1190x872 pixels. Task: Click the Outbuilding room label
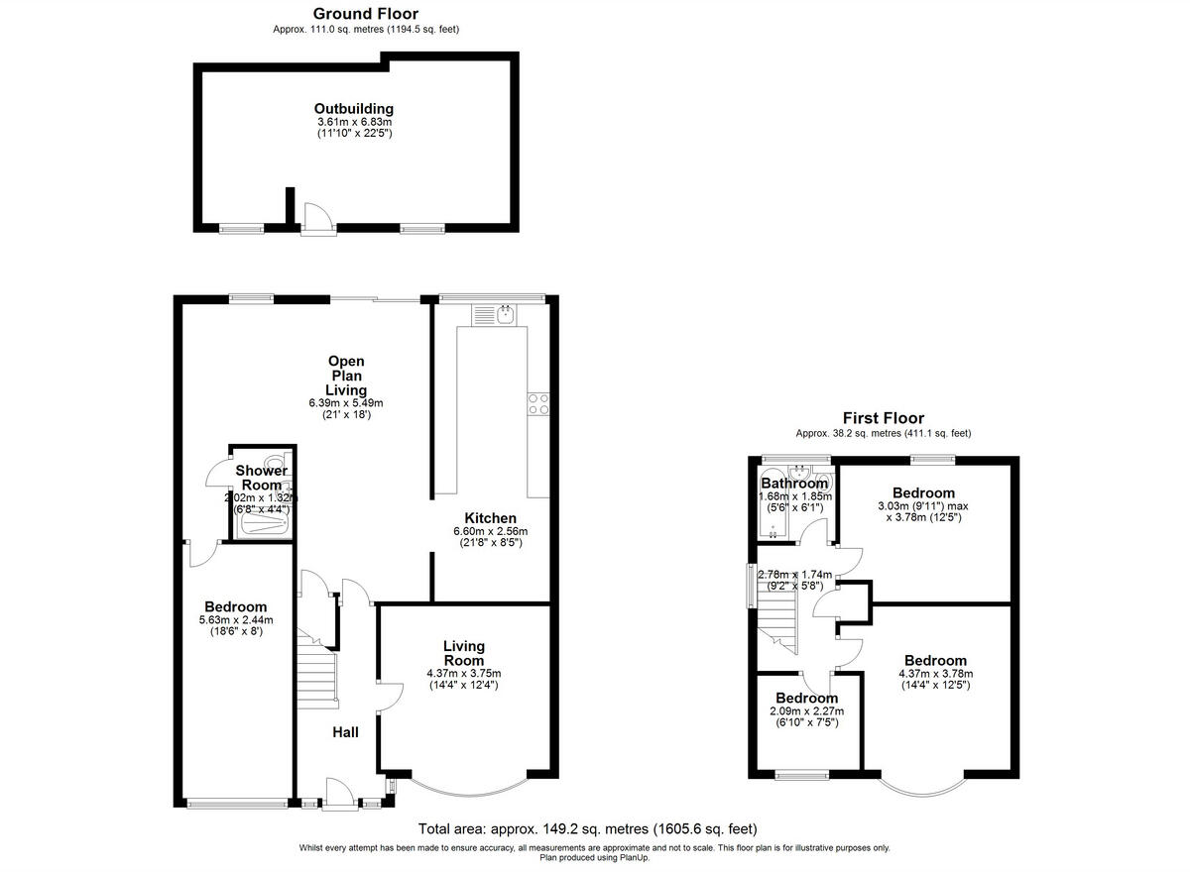coord(354,109)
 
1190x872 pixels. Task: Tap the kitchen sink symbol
coord(493,315)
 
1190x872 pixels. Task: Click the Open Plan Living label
coord(346,376)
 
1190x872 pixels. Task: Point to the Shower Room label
coord(261,478)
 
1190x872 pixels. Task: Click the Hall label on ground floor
coord(345,732)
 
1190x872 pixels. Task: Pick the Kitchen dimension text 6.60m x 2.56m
coord(491,531)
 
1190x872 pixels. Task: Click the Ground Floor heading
coord(365,14)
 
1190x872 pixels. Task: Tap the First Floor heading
coord(883,418)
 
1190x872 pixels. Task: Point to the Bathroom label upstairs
coord(794,484)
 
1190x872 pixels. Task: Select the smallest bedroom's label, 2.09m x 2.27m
coord(806,710)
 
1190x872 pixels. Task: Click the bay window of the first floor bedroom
coord(922,787)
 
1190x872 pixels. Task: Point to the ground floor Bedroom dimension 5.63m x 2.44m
coord(236,620)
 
